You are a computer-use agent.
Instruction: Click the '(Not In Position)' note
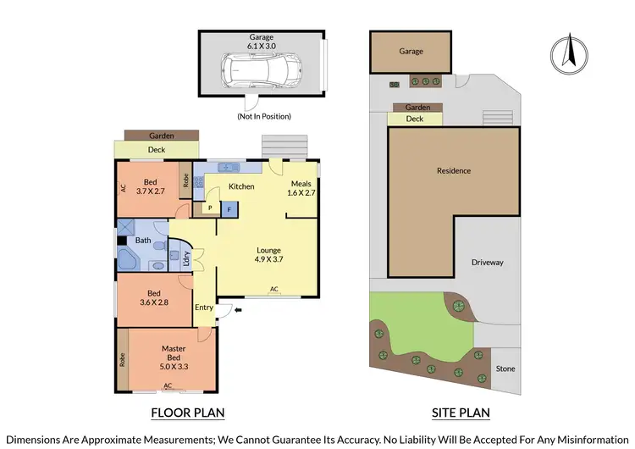coord(263,116)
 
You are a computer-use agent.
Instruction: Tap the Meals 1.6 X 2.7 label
coord(301,188)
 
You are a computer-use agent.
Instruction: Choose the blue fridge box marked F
coord(228,208)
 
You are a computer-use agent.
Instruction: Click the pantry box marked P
coord(208,208)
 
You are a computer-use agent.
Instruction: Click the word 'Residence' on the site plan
coord(453,171)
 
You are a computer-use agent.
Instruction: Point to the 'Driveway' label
coord(487,263)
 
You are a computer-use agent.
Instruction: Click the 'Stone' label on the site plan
coord(505,369)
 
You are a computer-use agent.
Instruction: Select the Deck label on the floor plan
coord(157,150)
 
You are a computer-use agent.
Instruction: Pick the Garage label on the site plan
coord(411,52)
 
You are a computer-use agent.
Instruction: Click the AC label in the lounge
coord(273,290)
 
